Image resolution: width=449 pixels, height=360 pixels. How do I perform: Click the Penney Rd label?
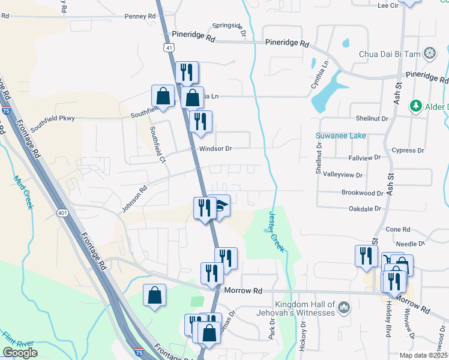(140, 16)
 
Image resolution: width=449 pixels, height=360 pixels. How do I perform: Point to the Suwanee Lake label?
(341, 136)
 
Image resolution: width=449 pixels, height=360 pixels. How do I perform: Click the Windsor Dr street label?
(211, 148)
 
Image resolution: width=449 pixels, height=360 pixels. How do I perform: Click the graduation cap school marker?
(221, 206)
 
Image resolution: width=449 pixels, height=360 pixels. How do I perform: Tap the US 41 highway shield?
(170, 46)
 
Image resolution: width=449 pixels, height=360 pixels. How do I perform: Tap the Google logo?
(20, 353)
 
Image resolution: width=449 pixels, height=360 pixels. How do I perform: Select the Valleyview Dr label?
(343, 175)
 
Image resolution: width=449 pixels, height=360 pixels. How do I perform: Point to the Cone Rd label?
(397, 230)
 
